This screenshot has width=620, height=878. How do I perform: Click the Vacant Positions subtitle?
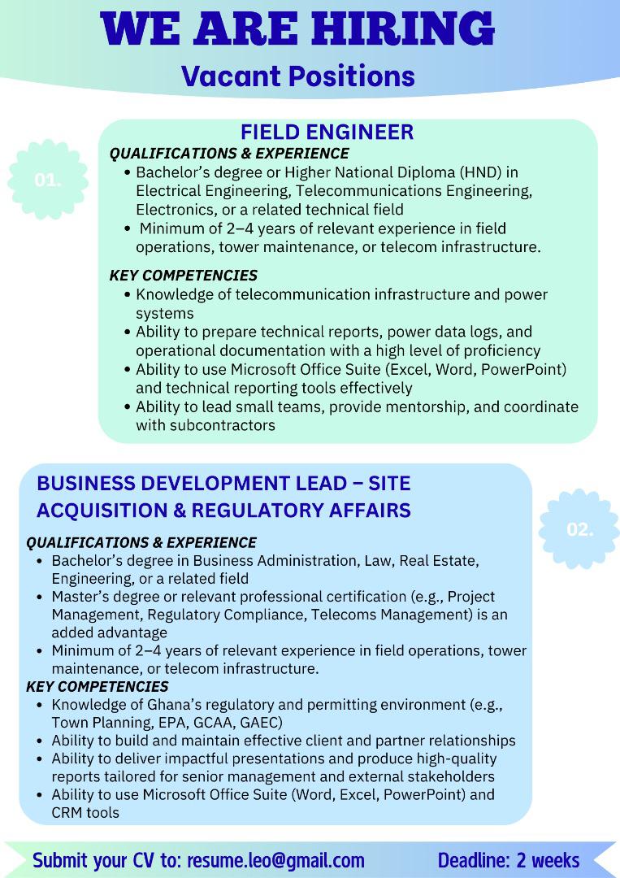pyautogui.click(x=298, y=76)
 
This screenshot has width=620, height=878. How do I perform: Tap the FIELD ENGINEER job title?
pyautogui.click(x=327, y=132)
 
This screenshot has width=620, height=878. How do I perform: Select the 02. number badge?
pyautogui.click(x=579, y=530)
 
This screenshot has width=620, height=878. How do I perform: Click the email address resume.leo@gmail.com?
pyautogui.click(x=275, y=860)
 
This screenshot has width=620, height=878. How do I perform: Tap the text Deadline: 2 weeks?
pyautogui.click(x=509, y=860)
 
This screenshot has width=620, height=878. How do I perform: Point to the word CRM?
pyautogui.click(x=67, y=812)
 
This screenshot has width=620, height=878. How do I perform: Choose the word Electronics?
pyautogui.click(x=173, y=210)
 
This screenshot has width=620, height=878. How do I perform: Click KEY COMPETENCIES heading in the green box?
pyautogui.click(x=183, y=276)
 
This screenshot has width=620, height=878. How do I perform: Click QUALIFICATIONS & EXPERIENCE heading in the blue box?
pyautogui.click(x=141, y=542)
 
